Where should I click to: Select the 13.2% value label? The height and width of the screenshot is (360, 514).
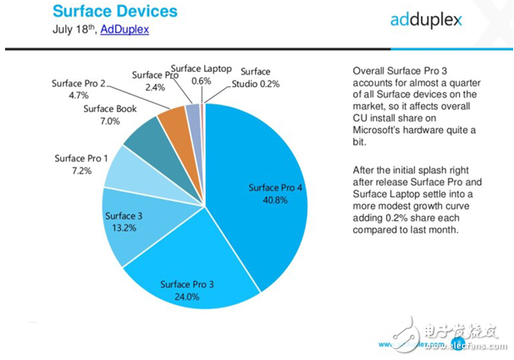coord(122,229)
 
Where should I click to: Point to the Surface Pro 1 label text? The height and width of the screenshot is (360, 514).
coord(82,158)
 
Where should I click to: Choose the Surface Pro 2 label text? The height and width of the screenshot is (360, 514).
coord(78,83)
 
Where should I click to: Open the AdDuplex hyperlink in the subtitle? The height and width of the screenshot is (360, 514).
coord(124,29)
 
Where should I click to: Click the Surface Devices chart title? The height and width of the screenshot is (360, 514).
coord(115,11)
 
